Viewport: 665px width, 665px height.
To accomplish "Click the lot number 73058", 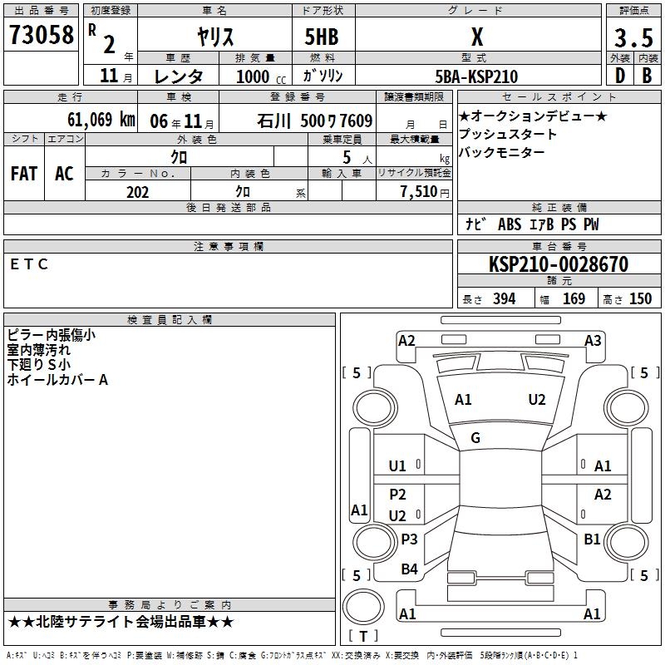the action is point(41,35).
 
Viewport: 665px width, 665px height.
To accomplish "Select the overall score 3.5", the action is point(633,37).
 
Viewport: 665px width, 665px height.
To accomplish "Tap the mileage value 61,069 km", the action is point(101,120).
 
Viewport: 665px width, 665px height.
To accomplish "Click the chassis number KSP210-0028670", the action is point(559,264).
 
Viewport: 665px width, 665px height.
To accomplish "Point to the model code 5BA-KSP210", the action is point(476,76).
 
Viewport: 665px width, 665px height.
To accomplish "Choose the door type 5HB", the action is point(322,37).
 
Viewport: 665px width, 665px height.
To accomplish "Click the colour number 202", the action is point(137,192).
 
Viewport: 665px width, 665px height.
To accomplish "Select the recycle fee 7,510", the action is point(419,191).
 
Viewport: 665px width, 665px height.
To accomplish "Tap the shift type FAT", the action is point(24,174).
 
